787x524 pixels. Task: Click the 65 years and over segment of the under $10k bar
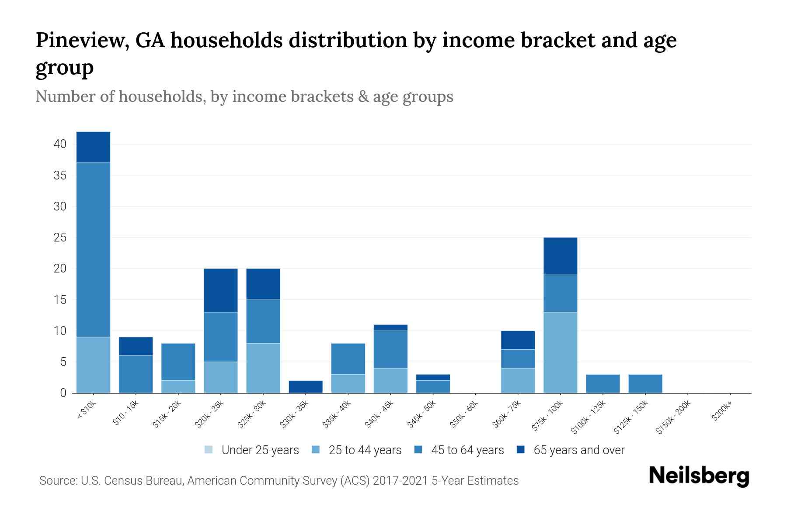[x=93, y=147]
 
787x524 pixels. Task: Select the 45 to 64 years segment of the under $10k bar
[x=93, y=250]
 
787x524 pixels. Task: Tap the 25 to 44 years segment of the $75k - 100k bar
[x=560, y=352]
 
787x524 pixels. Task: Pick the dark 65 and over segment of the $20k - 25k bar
[x=221, y=290]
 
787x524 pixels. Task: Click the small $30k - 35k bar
[x=306, y=387]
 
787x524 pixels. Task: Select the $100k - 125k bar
[x=602, y=384]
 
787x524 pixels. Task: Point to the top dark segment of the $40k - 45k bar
[x=390, y=327]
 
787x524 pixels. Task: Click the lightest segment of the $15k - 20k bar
[x=178, y=387]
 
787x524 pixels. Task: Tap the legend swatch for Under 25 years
[x=209, y=450]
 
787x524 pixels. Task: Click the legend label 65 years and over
[x=579, y=450]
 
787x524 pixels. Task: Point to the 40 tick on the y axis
[x=60, y=144]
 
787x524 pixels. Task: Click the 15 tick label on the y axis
[x=60, y=300]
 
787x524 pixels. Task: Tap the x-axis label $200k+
[x=721, y=412]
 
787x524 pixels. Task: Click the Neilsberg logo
[x=699, y=476]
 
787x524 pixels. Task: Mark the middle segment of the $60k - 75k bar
[x=518, y=359]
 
